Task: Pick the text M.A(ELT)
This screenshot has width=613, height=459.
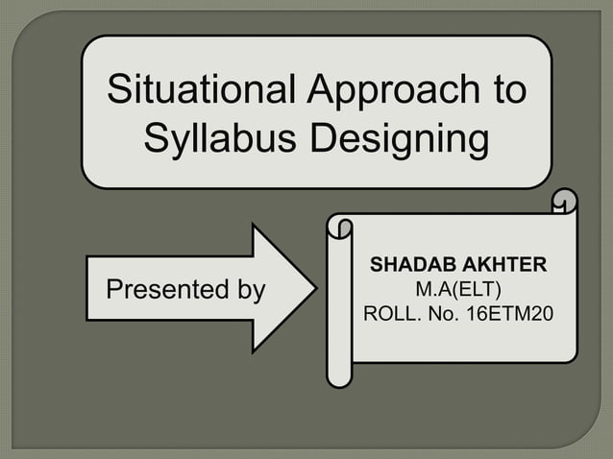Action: click(x=459, y=288)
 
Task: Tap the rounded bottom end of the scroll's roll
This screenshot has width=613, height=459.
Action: click(x=338, y=376)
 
